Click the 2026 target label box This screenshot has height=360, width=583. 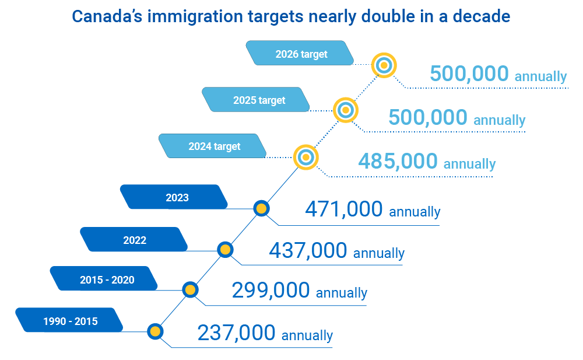(x=301, y=54)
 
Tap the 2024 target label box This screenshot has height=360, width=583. (x=214, y=146)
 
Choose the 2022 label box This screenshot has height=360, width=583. (x=134, y=239)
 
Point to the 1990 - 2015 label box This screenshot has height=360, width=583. (x=70, y=320)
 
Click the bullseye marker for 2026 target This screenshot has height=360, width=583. (x=383, y=65)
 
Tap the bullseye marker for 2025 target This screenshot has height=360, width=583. (x=345, y=110)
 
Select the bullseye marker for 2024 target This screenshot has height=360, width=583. (x=305, y=157)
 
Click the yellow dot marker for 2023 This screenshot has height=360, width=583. (x=261, y=208)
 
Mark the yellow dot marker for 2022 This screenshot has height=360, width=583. (x=225, y=250)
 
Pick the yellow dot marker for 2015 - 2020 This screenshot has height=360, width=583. (x=189, y=289)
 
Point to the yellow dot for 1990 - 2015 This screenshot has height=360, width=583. (x=154, y=331)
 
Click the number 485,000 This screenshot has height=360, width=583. (x=398, y=161)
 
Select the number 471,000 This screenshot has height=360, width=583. (x=343, y=209)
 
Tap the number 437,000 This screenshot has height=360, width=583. (x=308, y=251)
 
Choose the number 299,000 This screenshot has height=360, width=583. (x=271, y=291)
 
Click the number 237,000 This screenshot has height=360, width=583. (x=236, y=333)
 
